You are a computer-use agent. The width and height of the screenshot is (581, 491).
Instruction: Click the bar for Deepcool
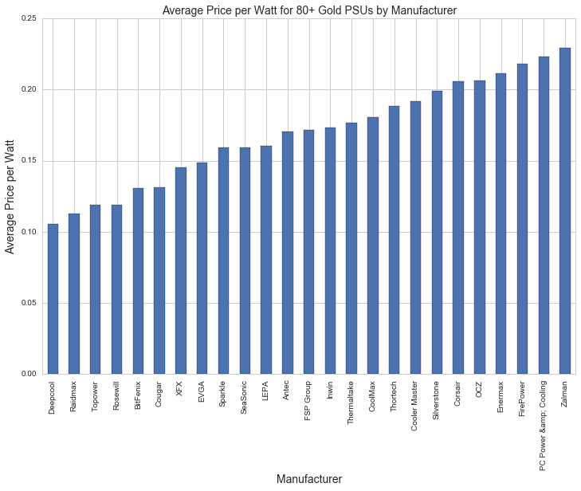(x=53, y=299)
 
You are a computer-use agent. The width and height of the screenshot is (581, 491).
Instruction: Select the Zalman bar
(x=565, y=211)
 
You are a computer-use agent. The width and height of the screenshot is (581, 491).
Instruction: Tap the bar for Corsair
(x=458, y=228)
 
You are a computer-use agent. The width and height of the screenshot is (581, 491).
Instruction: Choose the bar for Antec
(x=288, y=253)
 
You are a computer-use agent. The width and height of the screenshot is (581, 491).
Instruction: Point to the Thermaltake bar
(x=351, y=249)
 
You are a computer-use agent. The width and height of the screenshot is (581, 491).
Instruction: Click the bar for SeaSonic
(x=245, y=261)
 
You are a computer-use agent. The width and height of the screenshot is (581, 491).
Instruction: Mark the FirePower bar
(x=522, y=219)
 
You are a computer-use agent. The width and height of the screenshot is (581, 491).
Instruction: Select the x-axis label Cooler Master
(x=415, y=407)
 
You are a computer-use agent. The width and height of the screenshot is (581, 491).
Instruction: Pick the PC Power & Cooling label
(x=544, y=426)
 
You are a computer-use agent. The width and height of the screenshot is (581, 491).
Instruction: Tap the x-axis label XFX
(x=181, y=391)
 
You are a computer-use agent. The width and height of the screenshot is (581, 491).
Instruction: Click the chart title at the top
(x=308, y=10)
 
